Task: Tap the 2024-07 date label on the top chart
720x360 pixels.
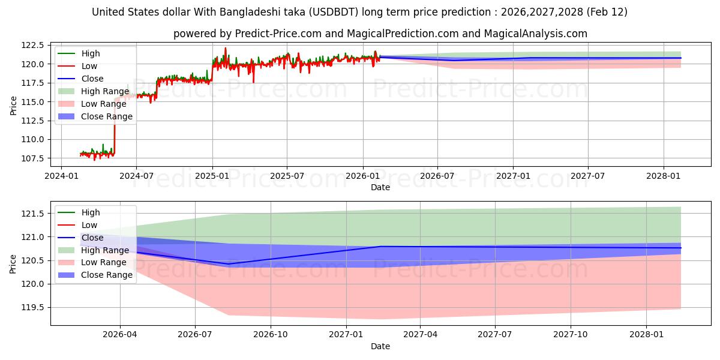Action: (x=136, y=176)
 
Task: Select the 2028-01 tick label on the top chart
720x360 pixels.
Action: (x=664, y=176)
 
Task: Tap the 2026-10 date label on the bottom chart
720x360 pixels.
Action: (x=271, y=335)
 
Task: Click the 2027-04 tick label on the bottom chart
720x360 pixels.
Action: (x=420, y=335)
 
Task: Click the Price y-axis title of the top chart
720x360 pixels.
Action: (x=13, y=106)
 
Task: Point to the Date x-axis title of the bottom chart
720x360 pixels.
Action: (x=380, y=346)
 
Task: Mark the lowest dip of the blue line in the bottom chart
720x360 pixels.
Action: (x=229, y=264)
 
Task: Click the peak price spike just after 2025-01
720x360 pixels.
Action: (x=226, y=48)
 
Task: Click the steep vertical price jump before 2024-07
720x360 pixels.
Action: (x=115, y=126)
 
